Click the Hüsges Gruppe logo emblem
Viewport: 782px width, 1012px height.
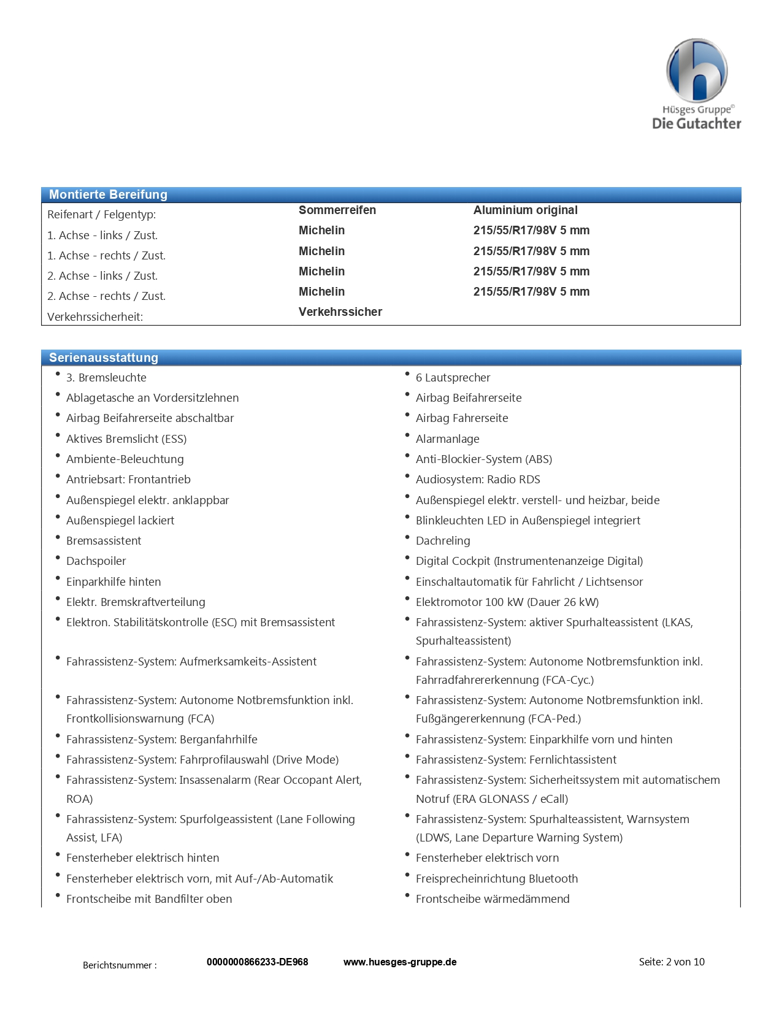point(697,70)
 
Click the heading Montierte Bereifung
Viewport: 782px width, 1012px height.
point(108,194)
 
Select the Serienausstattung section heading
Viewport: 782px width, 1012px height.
point(104,358)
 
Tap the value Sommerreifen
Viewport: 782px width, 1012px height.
point(337,210)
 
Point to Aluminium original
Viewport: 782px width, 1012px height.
point(525,210)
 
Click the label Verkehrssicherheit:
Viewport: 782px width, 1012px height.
point(95,316)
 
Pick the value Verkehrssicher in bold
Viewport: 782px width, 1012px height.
point(340,312)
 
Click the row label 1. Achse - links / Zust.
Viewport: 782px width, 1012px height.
point(102,235)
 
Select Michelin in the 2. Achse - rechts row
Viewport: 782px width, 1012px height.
point(321,291)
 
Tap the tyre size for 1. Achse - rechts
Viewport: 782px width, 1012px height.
point(531,251)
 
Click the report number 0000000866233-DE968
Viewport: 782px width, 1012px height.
point(257,962)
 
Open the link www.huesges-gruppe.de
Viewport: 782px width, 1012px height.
point(400,962)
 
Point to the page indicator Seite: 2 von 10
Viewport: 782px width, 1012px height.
point(672,962)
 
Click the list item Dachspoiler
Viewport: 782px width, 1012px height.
point(96,561)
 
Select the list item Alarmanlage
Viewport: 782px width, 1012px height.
point(448,439)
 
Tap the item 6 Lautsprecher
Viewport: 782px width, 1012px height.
point(453,377)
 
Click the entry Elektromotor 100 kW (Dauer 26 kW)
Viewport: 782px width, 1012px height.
point(507,602)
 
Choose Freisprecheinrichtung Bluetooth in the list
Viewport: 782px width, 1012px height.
point(497,878)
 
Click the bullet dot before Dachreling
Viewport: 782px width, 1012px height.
point(407,537)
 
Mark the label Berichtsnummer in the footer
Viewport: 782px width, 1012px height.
point(120,965)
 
